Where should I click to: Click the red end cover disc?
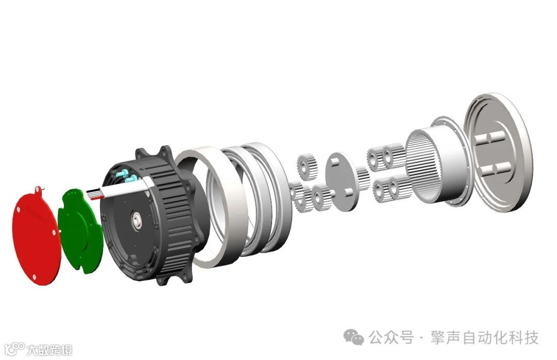(35, 235)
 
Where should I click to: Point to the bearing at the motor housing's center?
(137, 220)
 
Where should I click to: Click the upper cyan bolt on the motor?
(121, 174)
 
